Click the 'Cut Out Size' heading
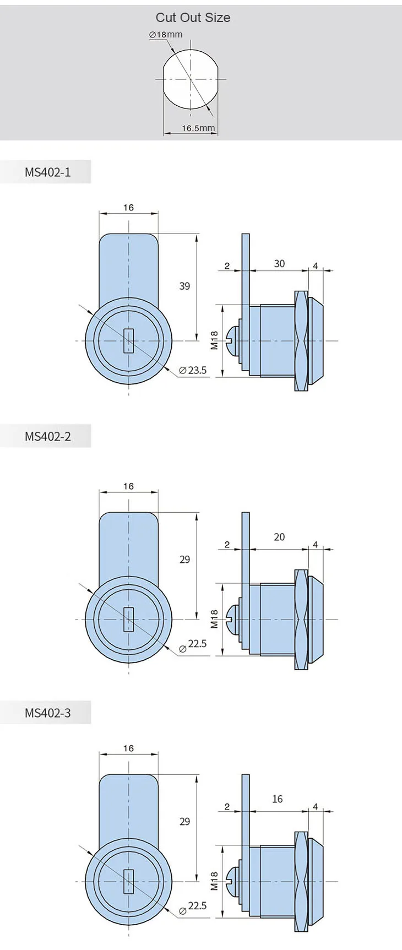tap(193, 18)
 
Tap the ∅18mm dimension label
tap(166, 35)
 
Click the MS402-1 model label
tap(47, 172)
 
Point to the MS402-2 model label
tap(47, 437)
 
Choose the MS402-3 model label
tap(47, 713)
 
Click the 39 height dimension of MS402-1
tap(184, 286)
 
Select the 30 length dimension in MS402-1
tap(279, 264)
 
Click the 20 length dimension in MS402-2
tap(279, 537)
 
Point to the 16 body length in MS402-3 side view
tap(277, 799)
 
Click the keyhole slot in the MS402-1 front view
tap(129, 341)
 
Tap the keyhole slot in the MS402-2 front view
tap(129, 620)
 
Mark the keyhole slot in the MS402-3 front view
tap(129, 882)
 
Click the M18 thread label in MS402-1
tap(215, 340)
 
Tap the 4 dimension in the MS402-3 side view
tap(316, 807)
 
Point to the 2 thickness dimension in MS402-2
tap(227, 545)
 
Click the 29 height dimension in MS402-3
tap(184, 821)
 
